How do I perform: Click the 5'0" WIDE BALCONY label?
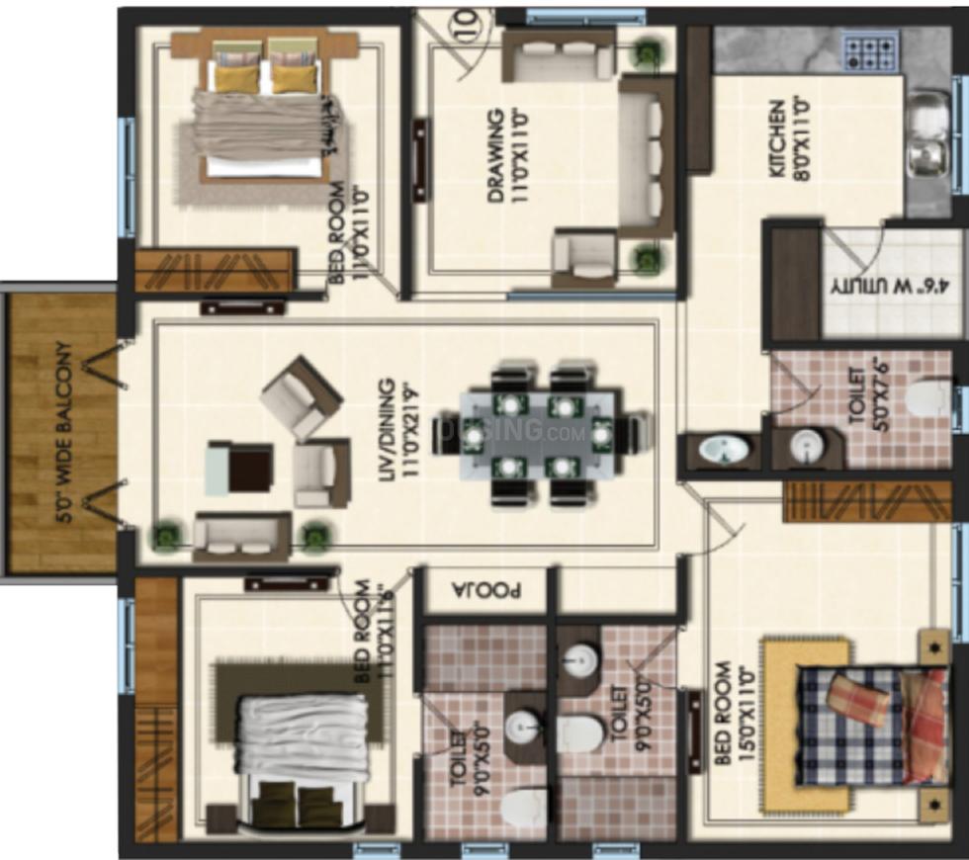tap(63, 432)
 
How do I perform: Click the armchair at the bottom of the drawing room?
tap(584, 256)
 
